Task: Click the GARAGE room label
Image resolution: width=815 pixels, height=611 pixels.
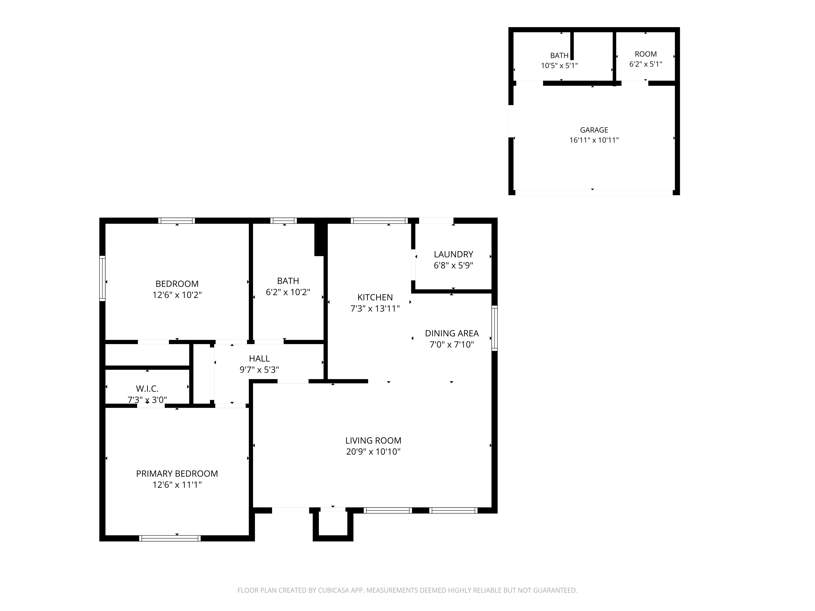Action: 594,130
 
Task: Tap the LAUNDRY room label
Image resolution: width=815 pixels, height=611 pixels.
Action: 453,255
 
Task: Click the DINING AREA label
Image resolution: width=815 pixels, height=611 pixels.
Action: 452,333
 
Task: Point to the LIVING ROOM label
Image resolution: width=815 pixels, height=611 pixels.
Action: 373,441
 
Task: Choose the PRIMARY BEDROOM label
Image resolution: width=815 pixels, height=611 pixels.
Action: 177,474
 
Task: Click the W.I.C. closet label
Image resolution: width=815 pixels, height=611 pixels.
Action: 147,389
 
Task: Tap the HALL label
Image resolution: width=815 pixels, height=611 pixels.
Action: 259,358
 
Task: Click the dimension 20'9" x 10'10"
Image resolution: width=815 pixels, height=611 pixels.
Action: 373,452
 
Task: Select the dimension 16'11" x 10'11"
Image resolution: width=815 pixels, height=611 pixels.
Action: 594,140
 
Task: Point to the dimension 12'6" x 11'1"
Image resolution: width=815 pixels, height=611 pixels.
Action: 177,485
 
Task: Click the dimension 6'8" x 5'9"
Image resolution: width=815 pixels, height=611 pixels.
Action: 453,266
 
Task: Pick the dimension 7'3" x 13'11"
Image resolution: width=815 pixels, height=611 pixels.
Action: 375,309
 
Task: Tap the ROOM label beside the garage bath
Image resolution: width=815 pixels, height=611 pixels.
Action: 645,54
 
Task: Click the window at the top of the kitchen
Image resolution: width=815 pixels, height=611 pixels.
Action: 380,221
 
